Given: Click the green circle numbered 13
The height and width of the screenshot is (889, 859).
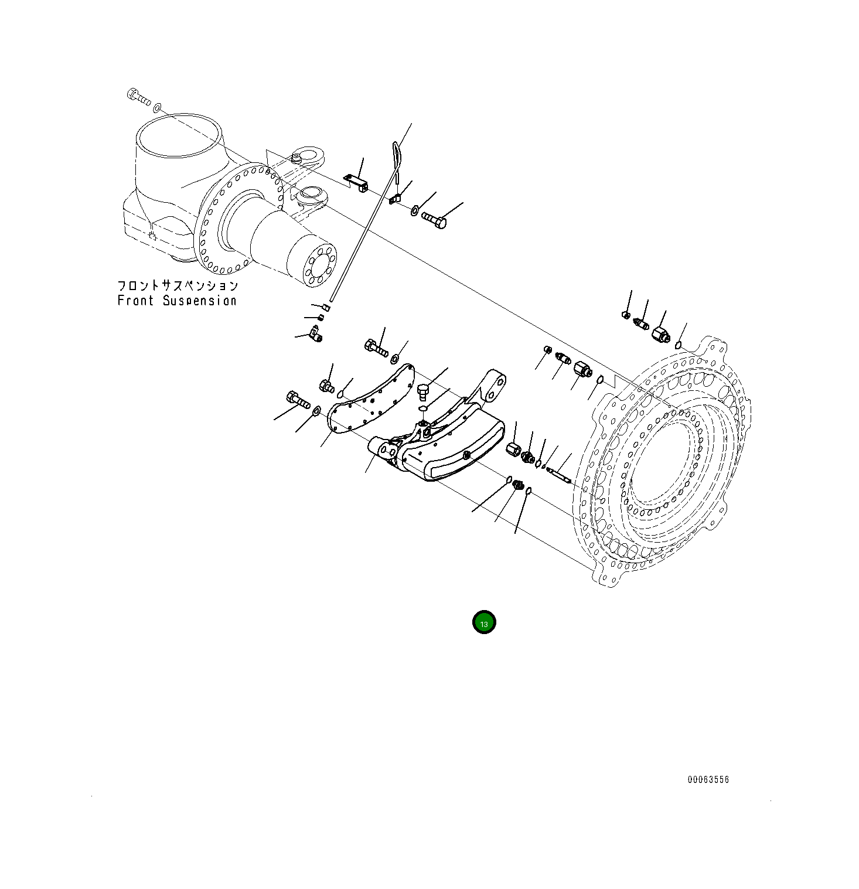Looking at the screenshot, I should (484, 622).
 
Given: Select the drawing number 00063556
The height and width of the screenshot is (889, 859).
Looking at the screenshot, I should (708, 779).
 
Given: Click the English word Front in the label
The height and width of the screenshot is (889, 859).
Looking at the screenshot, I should (135, 301).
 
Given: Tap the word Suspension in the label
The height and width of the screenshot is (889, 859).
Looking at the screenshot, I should (200, 301).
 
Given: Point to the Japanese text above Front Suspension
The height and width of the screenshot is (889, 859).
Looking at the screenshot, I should (178, 285).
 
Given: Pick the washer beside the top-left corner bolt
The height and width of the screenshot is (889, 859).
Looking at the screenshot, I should (157, 108).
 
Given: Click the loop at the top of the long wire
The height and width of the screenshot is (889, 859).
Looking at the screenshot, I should (398, 154).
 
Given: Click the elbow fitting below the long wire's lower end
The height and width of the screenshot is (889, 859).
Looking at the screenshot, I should (315, 335).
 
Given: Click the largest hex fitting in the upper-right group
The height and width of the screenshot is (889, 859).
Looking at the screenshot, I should (660, 336).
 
